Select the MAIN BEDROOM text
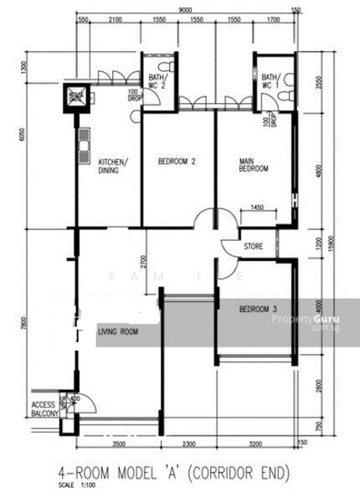point(254,165)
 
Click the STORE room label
point(254,247)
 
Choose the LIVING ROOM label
point(118,332)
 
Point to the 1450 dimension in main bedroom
point(258,207)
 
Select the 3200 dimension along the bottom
point(255,444)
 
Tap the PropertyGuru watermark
point(305,320)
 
